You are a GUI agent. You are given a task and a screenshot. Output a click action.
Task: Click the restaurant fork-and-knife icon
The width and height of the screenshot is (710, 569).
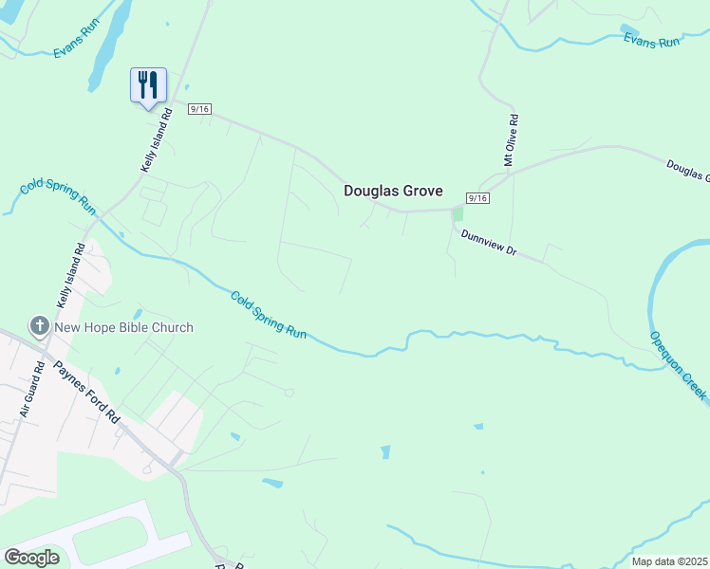(x=148, y=84)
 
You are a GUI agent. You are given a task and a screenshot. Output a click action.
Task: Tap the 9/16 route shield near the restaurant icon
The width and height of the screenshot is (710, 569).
(x=199, y=110)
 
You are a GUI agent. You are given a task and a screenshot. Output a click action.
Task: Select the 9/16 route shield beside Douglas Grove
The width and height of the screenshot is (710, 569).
(x=477, y=197)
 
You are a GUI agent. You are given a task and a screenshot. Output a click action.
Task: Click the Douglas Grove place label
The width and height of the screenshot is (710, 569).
(x=393, y=191)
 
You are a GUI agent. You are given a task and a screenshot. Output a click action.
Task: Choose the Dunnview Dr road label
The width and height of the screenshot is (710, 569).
(x=488, y=243)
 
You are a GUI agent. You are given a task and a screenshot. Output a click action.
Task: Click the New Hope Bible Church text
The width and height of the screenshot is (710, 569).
(x=123, y=327)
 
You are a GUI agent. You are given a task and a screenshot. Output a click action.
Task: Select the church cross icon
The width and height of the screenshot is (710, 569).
(x=40, y=327)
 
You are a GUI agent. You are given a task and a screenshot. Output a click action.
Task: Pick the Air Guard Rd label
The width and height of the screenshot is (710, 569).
(x=31, y=390)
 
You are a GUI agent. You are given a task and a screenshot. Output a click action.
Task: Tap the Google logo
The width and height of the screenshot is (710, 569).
(x=32, y=558)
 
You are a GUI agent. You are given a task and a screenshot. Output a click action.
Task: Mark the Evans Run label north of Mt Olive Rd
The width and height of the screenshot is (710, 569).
(x=652, y=40)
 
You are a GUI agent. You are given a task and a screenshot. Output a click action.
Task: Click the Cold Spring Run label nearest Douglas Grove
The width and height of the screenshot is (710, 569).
(x=270, y=316)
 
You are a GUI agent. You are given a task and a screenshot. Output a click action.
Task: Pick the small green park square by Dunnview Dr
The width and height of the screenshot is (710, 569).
(x=458, y=213)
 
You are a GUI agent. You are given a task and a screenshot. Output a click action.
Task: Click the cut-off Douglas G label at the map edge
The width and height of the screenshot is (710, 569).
(x=687, y=170)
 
